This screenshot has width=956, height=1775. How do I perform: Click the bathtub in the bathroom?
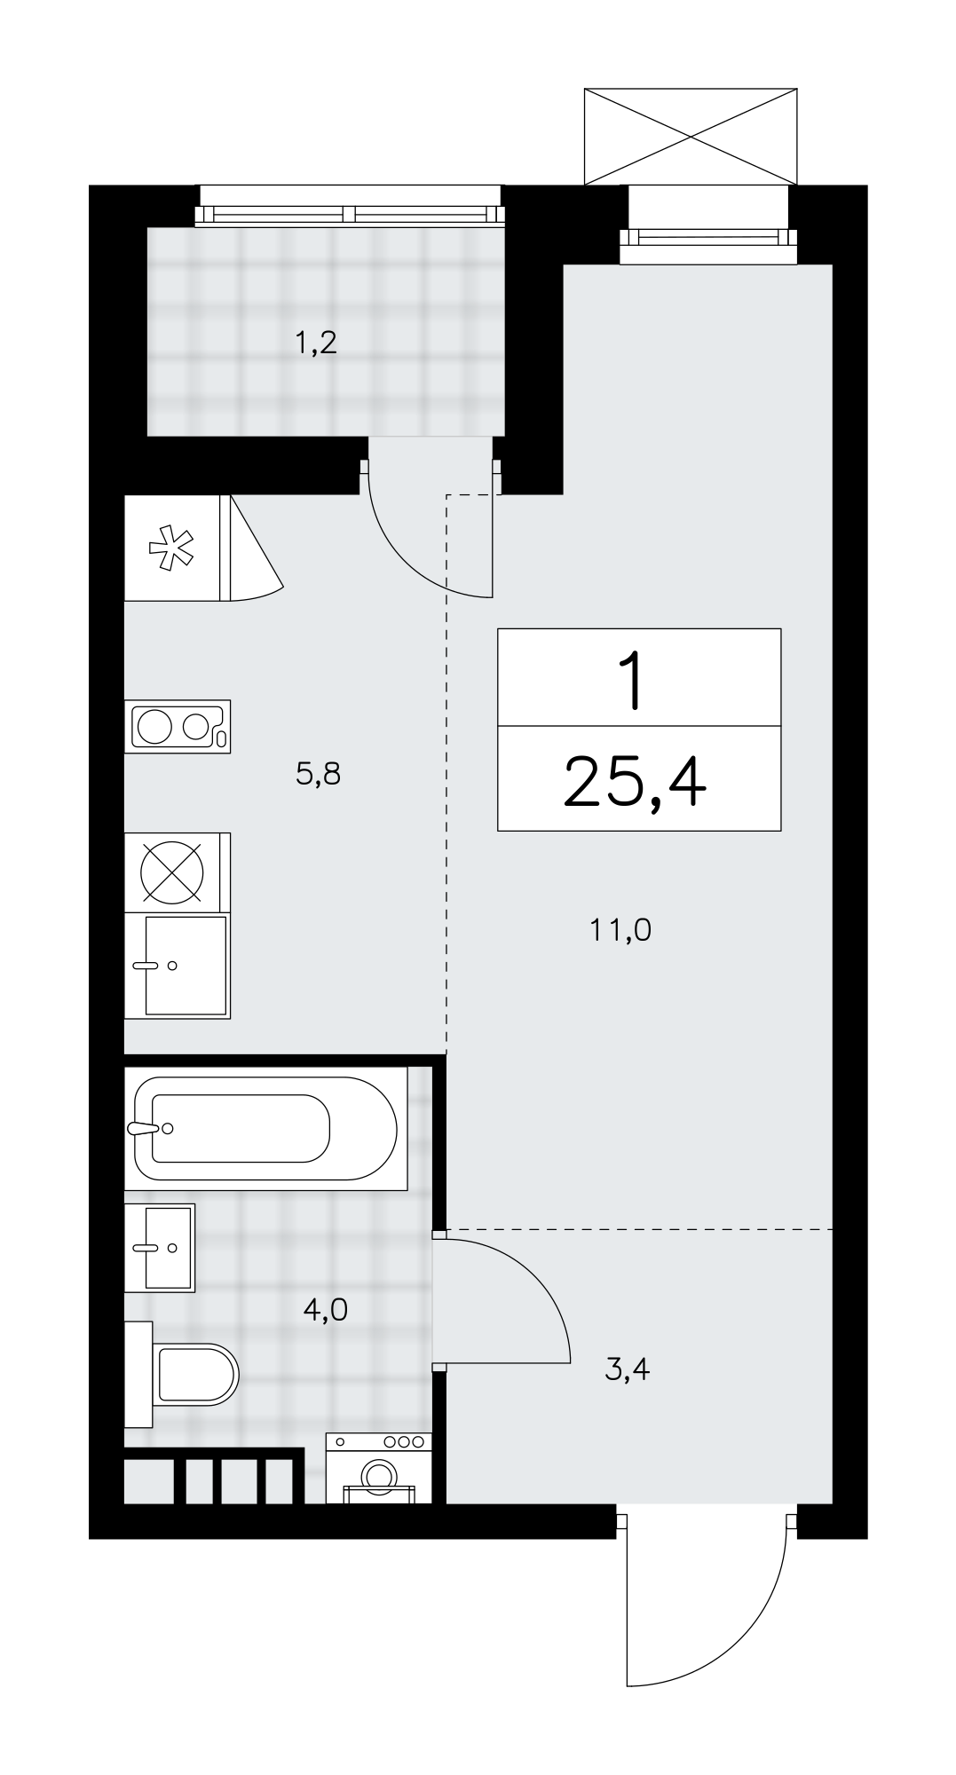coord(265,1128)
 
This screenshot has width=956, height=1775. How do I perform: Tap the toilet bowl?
coord(182,1375)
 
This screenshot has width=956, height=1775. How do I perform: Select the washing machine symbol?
coord(379,1469)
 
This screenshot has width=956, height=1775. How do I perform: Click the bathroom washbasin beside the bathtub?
coord(160,1247)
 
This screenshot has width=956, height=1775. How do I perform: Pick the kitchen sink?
coord(178,966)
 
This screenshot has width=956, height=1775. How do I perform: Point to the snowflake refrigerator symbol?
coord(172,548)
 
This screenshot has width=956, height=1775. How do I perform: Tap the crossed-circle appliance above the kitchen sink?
coord(172,872)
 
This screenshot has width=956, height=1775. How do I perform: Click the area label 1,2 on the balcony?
coord(316,343)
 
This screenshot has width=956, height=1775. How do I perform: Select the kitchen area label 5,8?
coord(318,775)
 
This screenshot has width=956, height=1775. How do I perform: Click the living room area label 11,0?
coord(620,930)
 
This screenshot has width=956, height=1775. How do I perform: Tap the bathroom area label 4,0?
coord(325,1309)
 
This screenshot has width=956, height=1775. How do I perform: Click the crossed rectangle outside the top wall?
coord(691,137)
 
